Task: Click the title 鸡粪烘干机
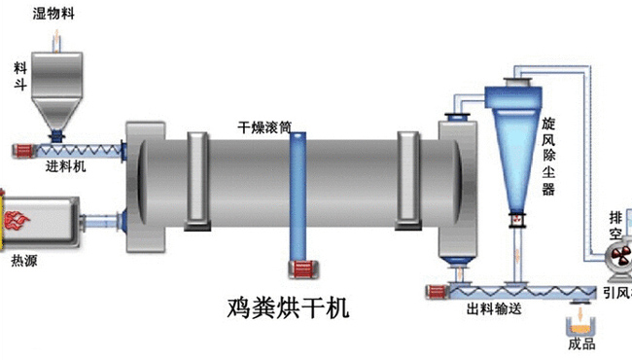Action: (282, 309)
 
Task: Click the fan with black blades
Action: (615, 258)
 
